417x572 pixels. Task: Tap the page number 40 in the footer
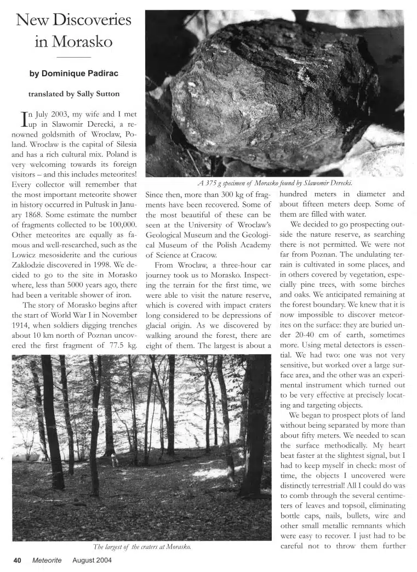coord(17,560)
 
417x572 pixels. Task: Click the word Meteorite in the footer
coord(47,560)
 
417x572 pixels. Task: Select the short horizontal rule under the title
coord(74,56)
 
